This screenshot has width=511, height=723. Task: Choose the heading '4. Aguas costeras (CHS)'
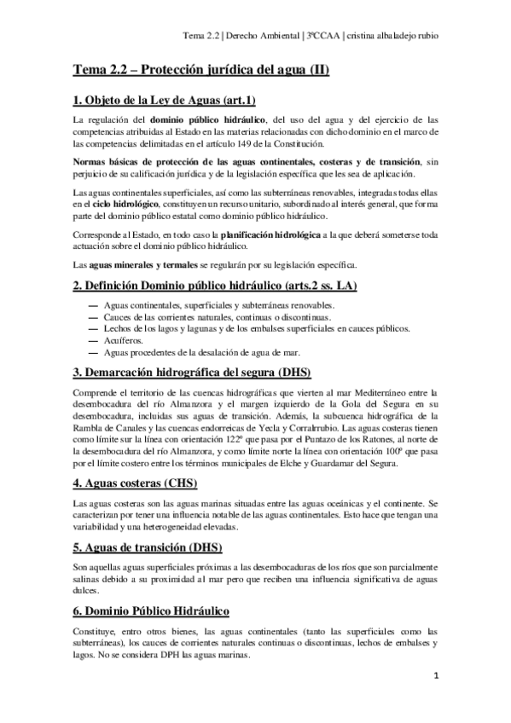[x=135, y=483]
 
